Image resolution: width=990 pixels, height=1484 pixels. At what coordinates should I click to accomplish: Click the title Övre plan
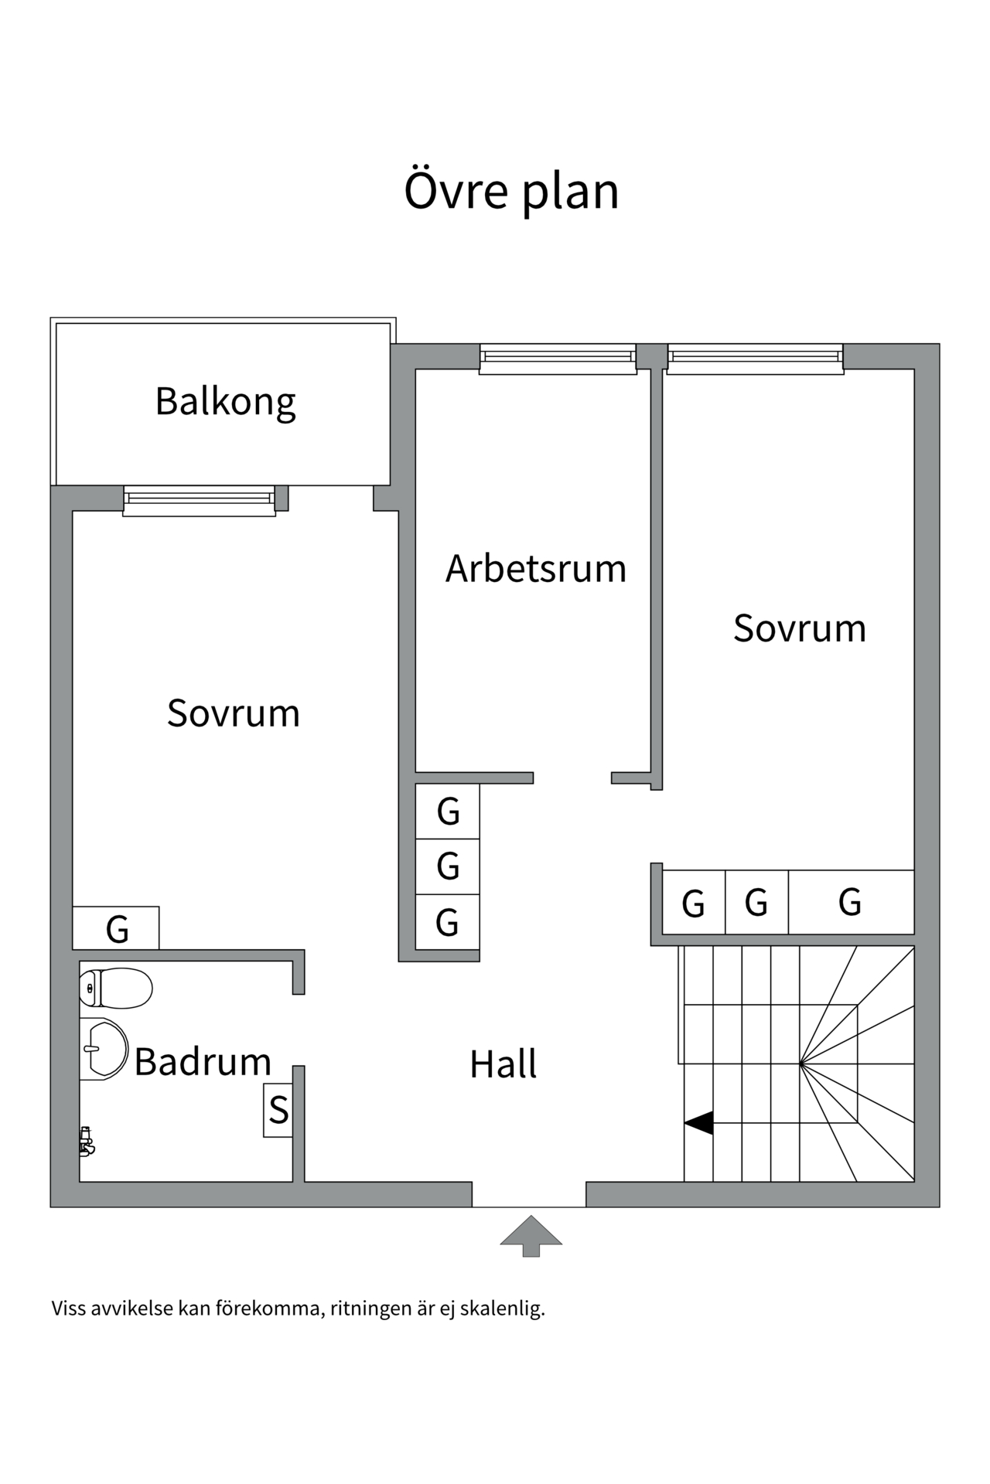[x=511, y=191]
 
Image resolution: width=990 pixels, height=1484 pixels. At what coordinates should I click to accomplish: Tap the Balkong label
[x=225, y=401]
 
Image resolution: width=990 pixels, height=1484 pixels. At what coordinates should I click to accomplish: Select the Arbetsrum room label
[x=535, y=569]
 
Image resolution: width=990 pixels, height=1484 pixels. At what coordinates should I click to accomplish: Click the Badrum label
[x=203, y=1062]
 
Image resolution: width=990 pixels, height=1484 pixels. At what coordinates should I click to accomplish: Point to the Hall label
[x=503, y=1064]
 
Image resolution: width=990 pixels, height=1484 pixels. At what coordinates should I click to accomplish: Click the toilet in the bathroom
[x=116, y=988]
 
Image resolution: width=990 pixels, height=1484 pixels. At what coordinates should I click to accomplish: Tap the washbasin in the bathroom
[x=104, y=1049]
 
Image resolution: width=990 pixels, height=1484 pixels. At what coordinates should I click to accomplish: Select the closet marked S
[x=278, y=1111]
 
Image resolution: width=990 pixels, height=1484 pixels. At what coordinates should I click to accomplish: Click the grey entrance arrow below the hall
[x=531, y=1234]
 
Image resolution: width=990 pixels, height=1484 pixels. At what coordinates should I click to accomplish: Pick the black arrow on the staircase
[x=698, y=1123]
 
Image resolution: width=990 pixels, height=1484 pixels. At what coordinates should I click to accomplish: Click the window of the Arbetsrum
[x=558, y=359]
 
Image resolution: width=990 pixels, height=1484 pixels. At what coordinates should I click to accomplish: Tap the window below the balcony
[x=200, y=500]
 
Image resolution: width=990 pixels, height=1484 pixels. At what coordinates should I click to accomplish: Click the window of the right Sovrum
[x=755, y=359]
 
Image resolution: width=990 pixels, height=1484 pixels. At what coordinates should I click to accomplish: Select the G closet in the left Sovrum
[x=116, y=928]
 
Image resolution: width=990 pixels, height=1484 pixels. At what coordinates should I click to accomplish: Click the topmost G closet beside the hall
[x=448, y=812]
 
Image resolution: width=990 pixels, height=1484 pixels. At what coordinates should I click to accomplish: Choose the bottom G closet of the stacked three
[x=448, y=922]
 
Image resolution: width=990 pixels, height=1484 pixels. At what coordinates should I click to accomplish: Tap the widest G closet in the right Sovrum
[x=851, y=902]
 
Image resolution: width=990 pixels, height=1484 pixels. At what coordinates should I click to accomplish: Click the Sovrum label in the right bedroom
[x=799, y=628]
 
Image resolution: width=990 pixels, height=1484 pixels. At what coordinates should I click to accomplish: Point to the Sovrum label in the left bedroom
[x=233, y=713]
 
